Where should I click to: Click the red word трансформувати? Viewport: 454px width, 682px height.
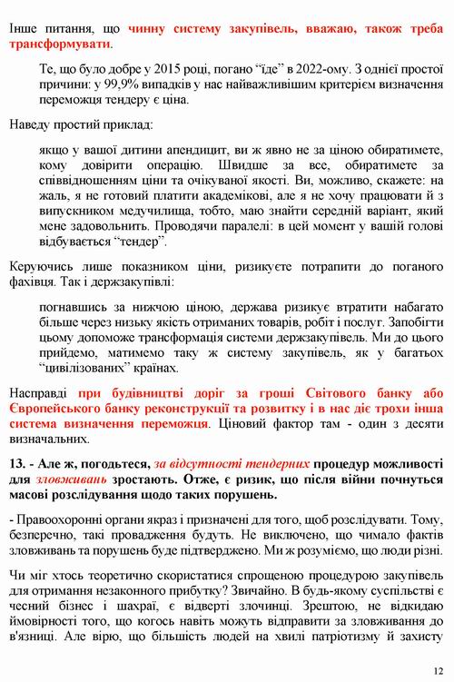[x=58, y=43]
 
